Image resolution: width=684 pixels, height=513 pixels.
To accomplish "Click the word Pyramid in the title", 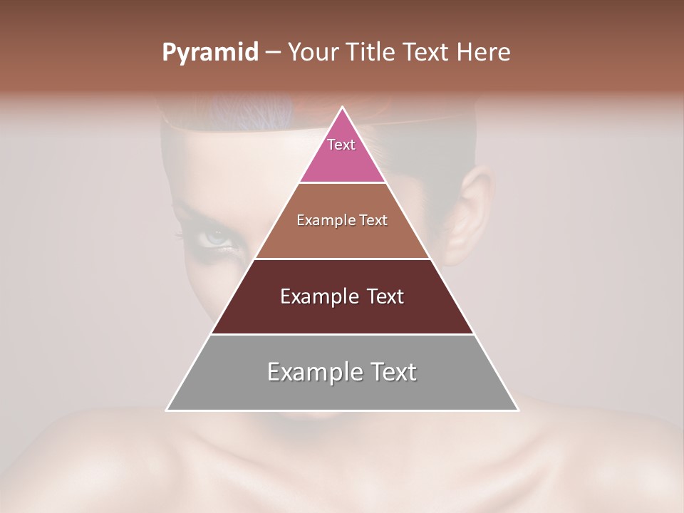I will pyautogui.click(x=209, y=53).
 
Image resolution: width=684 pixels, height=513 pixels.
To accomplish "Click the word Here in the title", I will pyautogui.click(x=484, y=53).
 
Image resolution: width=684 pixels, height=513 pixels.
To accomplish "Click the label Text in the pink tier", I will pyautogui.click(x=341, y=145).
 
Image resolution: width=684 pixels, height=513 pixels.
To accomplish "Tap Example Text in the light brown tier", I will pyautogui.click(x=342, y=220).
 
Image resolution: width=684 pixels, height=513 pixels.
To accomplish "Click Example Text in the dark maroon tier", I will pyautogui.click(x=342, y=296).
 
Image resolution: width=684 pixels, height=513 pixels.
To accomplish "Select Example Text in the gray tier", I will pyautogui.click(x=342, y=372).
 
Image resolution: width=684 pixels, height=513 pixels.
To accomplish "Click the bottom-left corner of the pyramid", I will pyautogui.click(x=167, y=410).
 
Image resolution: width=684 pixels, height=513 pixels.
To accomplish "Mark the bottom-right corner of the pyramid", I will pyautogui.click(x=518, y=410).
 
